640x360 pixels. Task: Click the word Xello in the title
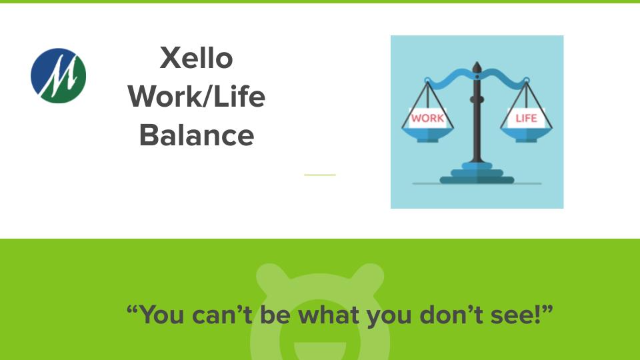coord(197,58)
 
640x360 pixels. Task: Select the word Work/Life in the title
coord(197,97)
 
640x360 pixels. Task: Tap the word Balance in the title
coord(197,135)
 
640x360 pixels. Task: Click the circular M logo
coord(59,75)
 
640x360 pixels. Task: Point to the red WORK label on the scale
coord(427,119)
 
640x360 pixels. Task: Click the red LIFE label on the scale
coord(526,119)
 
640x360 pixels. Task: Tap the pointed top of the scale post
coord(477,67)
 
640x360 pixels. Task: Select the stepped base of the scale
coord(477,175)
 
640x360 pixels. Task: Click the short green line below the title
coord(320,175)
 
